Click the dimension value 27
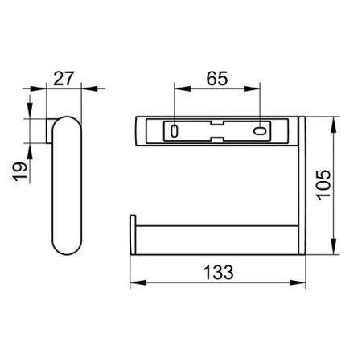[x=64, y=78]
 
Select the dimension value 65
[x=217, y=79]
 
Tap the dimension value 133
[x=218, y=272]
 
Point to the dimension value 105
[x=323, y=185]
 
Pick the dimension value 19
[x=21, y=171]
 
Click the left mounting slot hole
[x=175, y=131]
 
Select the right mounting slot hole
[x=260, y=131]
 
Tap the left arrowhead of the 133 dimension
[x=138, y=282]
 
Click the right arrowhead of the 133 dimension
[x=298, y=282]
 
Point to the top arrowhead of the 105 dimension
[x=334, y=125]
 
